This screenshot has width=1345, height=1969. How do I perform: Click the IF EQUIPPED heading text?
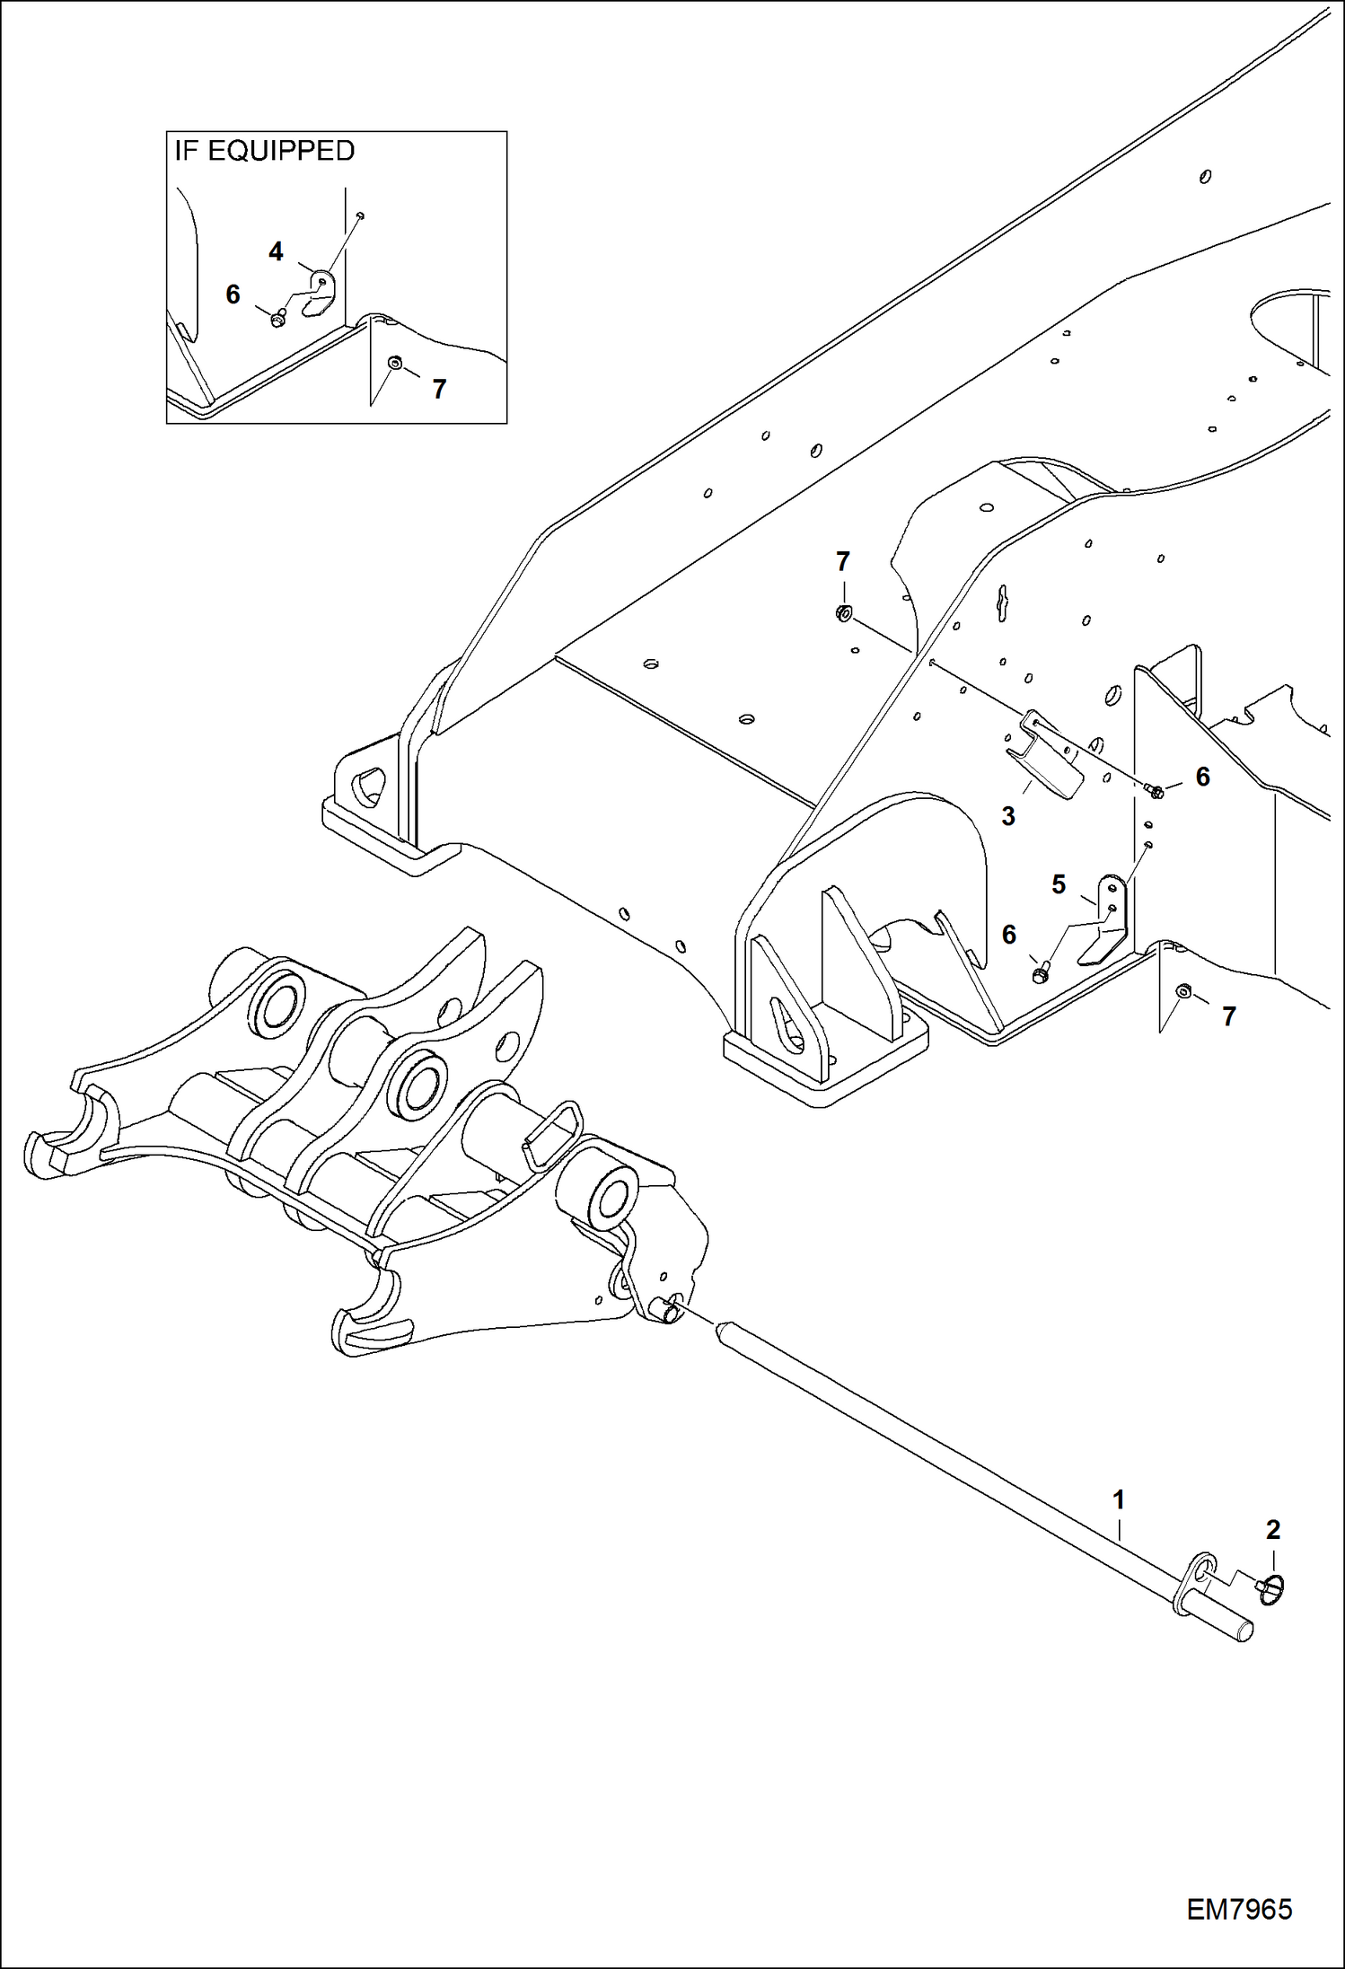pos(264,151)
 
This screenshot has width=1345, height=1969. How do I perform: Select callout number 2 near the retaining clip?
pos(1272,1529)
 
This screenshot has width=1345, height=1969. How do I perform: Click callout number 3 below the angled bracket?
pos(1008,816)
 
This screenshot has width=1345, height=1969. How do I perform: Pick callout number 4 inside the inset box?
pos(276,252)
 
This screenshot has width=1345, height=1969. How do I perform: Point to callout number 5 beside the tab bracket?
pos(1059,884)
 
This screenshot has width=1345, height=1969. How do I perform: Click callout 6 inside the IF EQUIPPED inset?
pos(233,294)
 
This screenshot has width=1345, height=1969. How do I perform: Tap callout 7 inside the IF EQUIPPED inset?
pos(438,389)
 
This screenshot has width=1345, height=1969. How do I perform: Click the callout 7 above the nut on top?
pos(842,562)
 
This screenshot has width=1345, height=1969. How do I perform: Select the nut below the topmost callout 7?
pos(843,614)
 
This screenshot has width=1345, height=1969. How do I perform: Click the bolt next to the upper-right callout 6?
pos(1155,791)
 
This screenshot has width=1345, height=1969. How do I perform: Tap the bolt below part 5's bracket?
pos(1041,972)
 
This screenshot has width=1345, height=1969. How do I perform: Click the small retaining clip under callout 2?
pos(1271,1592)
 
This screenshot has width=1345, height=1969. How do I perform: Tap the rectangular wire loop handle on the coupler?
pos(550,1135)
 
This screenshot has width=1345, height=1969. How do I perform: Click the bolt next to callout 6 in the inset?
pos(277,318)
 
